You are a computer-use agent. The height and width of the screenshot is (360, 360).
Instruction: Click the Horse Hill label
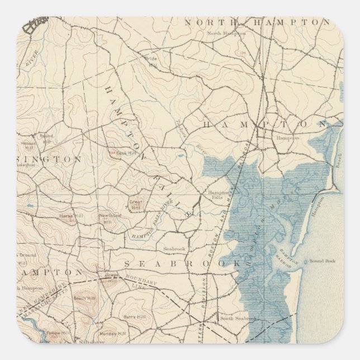click(67, 216)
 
